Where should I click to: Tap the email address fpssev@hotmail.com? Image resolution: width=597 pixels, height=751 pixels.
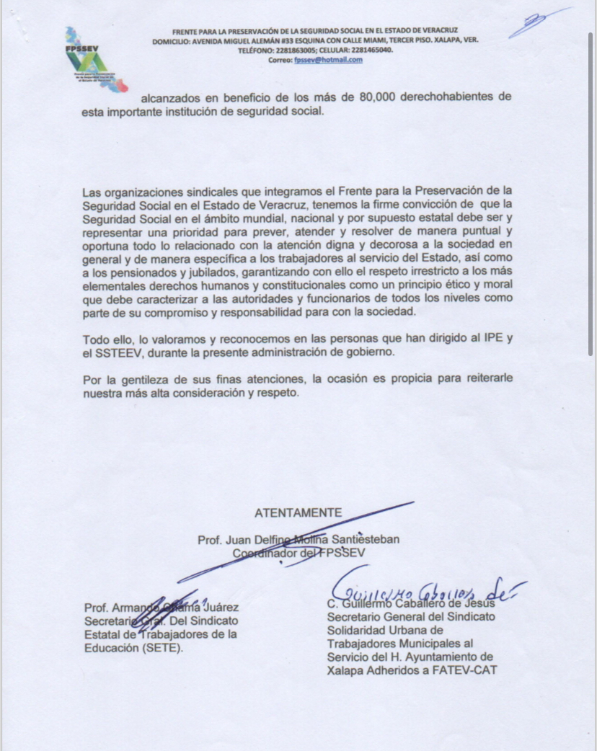coord(328,61)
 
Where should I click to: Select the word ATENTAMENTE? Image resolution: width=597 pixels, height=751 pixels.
coord(298,513)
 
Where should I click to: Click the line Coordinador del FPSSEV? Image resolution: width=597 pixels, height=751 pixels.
coord(299,553)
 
